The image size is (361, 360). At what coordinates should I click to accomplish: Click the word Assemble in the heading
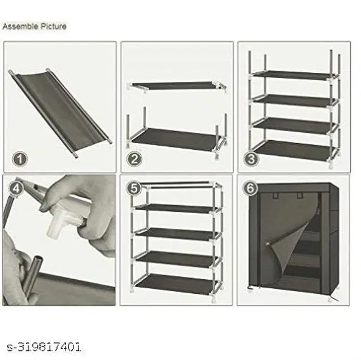click(x=20, y=26)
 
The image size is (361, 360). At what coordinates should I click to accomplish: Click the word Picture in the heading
click(x=54, y=26)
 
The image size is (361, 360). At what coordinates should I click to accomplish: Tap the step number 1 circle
click(x=20, y=159)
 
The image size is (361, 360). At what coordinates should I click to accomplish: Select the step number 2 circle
click(x=134, y=159)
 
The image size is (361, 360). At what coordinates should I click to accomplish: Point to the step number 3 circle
click(x=251, y=159)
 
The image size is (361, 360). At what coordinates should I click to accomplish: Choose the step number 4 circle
click(x=16, y=189)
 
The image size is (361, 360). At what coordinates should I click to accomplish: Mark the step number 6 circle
click(x=250, y=188)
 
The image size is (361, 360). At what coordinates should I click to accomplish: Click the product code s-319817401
click(x=44, y=347)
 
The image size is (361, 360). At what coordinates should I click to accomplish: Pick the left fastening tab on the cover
click(x=276, y=196)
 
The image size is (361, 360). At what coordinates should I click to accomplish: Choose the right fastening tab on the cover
click(x=299, y=196)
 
